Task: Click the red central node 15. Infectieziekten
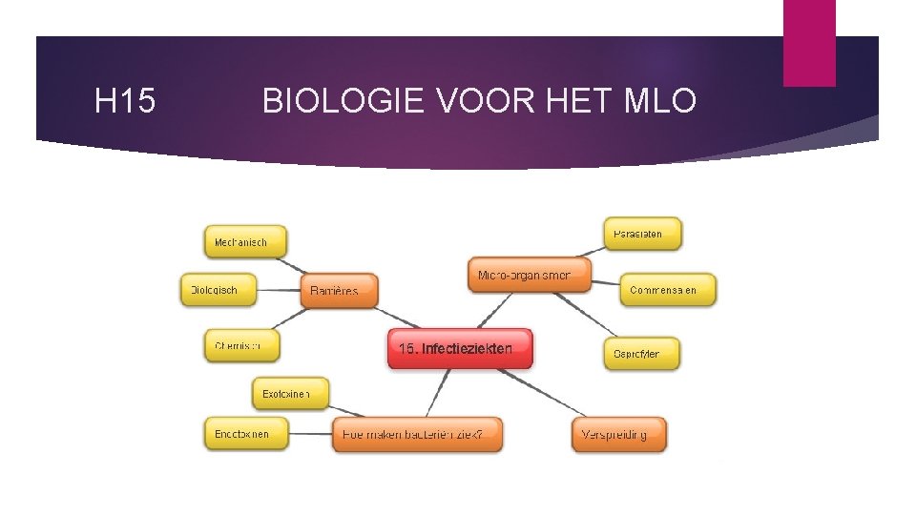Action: tap(460, 349)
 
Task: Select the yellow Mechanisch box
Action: tap(245, 242)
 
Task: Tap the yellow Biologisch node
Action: tap(220, 290)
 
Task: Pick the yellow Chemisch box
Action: tap(242, 346)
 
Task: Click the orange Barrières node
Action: tap(339, 291)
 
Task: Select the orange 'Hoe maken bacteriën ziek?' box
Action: tap(417, 435)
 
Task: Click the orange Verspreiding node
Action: tap(618, 435)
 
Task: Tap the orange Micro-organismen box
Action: tap(529, 275)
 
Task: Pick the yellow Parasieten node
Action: tap(643, 234)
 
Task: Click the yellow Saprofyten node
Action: tap(635, 354)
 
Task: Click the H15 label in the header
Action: tap(126, 100)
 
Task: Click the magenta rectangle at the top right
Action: tap(809, 42)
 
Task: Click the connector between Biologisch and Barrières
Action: tap(280, 290)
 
